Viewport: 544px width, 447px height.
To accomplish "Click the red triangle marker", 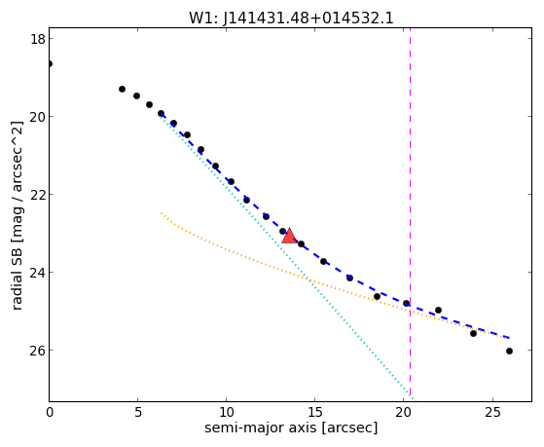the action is [289, 236].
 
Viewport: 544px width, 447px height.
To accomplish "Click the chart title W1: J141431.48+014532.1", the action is [291, 19].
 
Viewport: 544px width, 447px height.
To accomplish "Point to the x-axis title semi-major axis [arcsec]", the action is [291, 428].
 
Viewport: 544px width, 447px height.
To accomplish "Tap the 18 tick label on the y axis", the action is [38, 39].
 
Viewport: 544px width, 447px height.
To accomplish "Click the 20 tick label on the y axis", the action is [38, 117].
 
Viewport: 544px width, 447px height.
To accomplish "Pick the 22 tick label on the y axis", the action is [38, 195].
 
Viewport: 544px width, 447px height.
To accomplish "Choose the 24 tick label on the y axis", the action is [38, 273].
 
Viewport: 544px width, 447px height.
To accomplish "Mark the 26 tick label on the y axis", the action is [38, 350].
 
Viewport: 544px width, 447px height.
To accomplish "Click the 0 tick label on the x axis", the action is [50, 412].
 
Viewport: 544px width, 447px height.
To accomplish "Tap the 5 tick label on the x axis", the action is [138, 412].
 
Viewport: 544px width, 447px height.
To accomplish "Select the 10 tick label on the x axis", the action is [226, 412].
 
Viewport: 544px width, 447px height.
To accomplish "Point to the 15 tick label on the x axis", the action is [314, 412].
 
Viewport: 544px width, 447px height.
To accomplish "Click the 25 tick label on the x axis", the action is [492, 412].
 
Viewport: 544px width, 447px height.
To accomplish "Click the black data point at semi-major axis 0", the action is [50, 64].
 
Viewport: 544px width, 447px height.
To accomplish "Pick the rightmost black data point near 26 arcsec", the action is [509, 352].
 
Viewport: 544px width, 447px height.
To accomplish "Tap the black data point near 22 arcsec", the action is [438, 310].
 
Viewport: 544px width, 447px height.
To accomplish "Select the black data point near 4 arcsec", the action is [122, 90].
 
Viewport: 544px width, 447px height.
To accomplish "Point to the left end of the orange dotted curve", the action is [162, 213].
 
